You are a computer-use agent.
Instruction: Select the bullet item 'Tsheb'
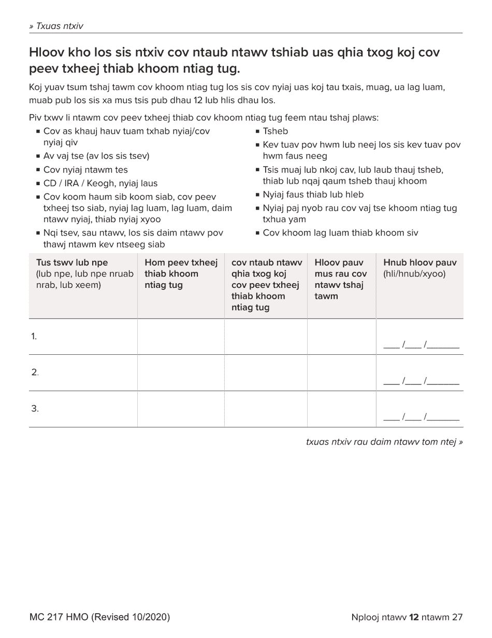tap(275, 131)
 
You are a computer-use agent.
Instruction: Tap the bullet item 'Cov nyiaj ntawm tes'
tap(85, 170)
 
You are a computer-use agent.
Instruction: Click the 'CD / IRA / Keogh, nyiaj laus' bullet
tap(100, 183)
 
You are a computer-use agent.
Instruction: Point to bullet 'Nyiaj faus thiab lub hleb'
tap(313, 195)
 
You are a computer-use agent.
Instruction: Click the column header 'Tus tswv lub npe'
tap(72, 262)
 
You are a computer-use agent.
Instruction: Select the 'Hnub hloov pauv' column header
tap(419, 262)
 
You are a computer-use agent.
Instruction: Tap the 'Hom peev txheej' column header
tap(181, 262)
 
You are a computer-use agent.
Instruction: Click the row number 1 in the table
tap(34, 337)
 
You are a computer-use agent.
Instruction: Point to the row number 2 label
tap(35, 372)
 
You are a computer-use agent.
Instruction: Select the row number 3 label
tap(35, 409)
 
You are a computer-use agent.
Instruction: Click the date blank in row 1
tap(421, 344)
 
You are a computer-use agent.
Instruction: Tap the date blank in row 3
tap(421, 417)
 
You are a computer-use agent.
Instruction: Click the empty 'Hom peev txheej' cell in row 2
tap(181, 372)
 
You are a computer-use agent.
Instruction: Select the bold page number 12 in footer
tap(414, 617)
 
